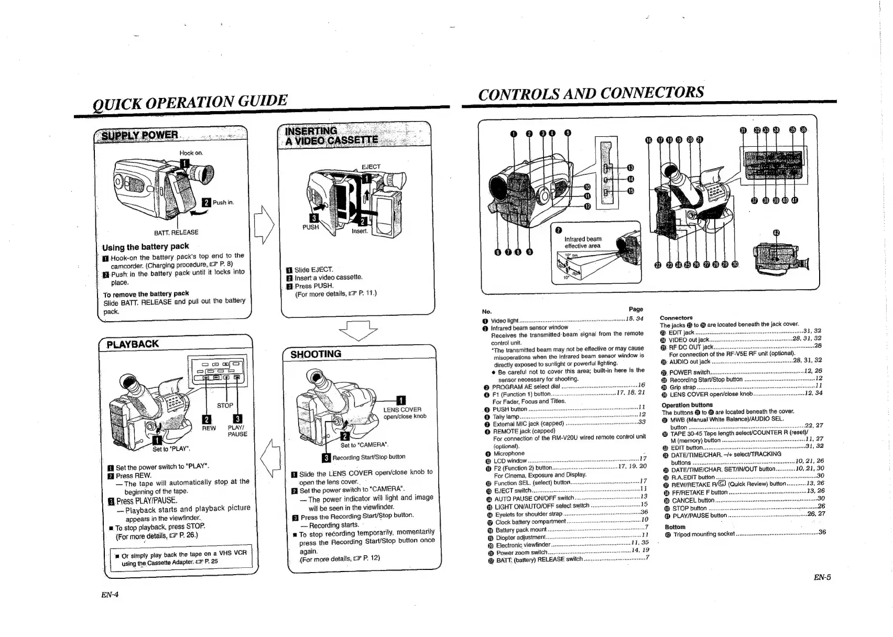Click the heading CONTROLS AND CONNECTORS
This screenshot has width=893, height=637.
click(591, 93)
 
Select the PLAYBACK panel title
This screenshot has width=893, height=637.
click(132, 344)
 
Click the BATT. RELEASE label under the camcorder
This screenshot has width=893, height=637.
click(176, 232)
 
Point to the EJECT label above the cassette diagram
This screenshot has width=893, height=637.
click(371, 167)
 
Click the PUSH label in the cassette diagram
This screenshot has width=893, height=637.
click(310, 227)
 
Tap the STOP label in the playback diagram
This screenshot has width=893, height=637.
click(225, 405)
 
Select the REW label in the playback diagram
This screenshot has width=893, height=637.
click(209, 428)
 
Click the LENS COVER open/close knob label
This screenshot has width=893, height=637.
click(405, 413)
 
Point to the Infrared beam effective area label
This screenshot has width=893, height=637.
click(582, 242)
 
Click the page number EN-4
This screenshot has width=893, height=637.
click(110, 594)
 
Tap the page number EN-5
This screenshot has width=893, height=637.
click(822, 577)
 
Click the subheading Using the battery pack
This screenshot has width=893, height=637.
click(146, 247)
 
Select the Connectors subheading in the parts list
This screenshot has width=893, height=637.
click(676, 318)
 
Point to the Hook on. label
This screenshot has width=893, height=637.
click(191, 153)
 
